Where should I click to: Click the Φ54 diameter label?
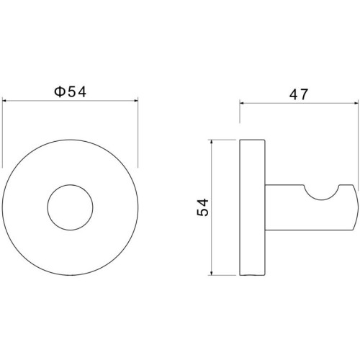(x=70, y=92)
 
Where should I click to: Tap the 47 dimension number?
(x=298, y=94)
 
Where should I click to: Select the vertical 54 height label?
(x=203, y=207)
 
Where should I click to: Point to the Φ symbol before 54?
(x=59, y=92)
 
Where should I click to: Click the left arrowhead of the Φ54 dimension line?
(x=4, y=101)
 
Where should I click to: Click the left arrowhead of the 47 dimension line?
(x=242, y=103)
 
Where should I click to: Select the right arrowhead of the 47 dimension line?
(x=356, y=103)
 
